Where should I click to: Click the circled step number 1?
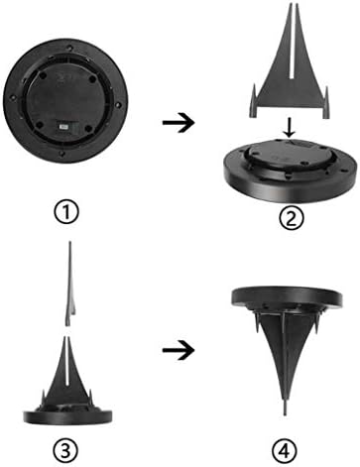(67, 212)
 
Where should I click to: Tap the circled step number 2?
(291, 217)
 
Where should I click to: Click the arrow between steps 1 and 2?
(178, 123)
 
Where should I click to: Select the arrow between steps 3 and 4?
(178, 350)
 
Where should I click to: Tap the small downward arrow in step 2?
(290, 130)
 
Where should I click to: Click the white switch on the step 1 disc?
(63, 127)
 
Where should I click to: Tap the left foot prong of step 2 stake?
(253, 101)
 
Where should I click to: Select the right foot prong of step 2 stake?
(326, 102)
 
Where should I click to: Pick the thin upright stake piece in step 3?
(70, 284)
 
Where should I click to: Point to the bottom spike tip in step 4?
(285, 414)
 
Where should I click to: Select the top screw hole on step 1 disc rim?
(68, 47)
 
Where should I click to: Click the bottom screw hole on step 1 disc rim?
(62, 154)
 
